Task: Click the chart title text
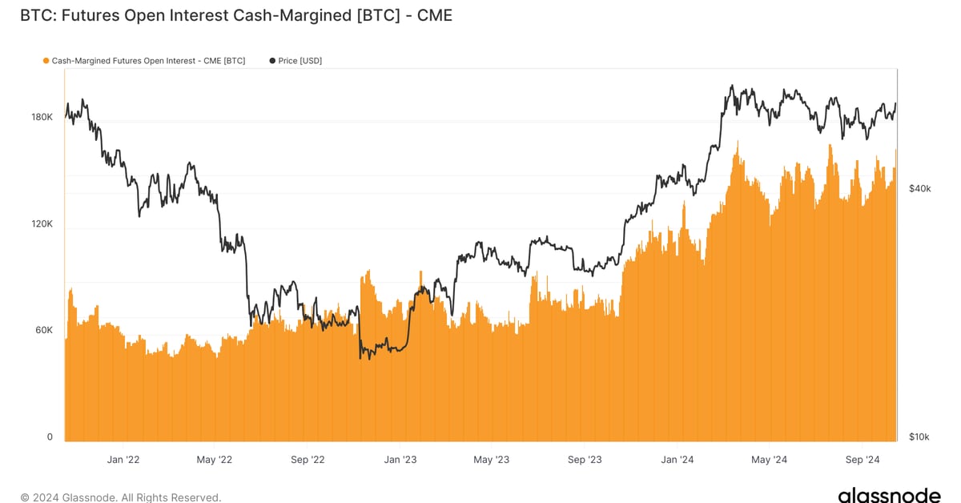(x=236, y=15)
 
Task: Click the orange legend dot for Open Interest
(x=46, y=61)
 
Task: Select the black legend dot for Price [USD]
(x=272, y=61)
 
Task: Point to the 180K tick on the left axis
(x=42, y=117)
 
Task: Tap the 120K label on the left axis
(x=42, y=224)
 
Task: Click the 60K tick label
(x=42, y=330)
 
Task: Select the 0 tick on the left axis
(x=50, y=437)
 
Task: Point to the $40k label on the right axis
(x=919, y=188)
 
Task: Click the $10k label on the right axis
(x=919, y=437)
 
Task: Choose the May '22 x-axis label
(x=214, y=460)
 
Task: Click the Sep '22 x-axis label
(x=308, y=460)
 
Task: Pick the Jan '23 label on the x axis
(x=400, y=460)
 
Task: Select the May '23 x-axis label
(x=491, y=460)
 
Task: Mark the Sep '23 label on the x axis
(x=585, y=460)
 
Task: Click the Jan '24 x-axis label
(x=678, y=460)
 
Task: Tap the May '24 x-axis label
(x=769, y=460)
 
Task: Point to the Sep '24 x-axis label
(x=862, y=460)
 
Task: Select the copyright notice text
(x=120, y=497)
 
